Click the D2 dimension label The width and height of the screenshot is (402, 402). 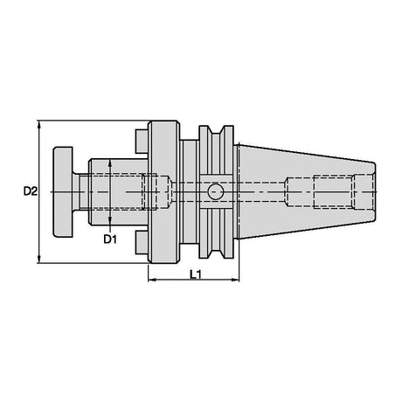click(31, 191)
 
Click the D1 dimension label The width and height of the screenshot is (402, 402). click(110, 239)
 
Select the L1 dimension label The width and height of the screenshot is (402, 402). click(196, 274)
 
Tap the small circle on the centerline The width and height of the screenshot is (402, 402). click(215, 191)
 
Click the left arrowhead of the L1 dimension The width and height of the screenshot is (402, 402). click(152, 280)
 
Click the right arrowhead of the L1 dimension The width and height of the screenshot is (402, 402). click(235, 280)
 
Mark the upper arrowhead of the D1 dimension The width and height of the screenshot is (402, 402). click(110, 163)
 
